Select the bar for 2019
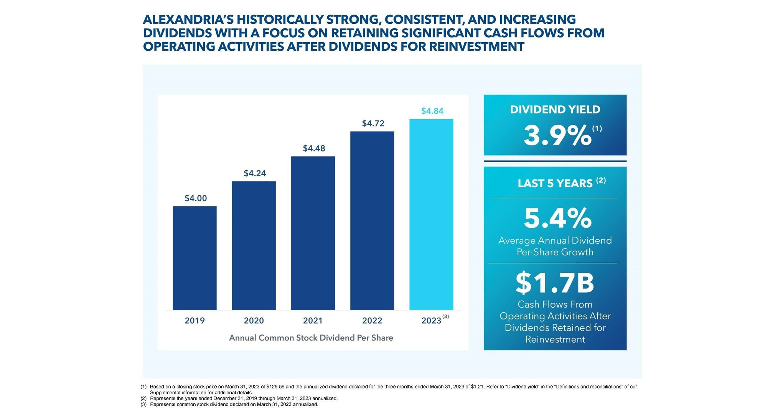click(x=195, y=258)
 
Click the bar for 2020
click(x=254, y=245)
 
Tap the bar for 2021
click(x=313, y=233)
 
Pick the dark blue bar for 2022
click(x=372, y=221)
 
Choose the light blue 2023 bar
click(x=431, y=214)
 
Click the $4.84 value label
click(x=432, y=111)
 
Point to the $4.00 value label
click(x=196, y=198)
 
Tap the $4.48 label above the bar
click(x=314, y=148)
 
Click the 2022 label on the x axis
click(x=372, y=321)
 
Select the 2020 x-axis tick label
click(x=254, y=321)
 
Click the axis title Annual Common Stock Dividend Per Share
click(x=311, y=338)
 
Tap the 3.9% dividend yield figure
click(x=557, y=135)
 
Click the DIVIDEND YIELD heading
click(x=555, y=110)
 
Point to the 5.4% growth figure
click(x=557, y=218)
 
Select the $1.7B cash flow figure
click(x=555, y=283)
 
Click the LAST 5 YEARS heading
click(x=555, y=183)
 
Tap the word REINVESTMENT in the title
click(x=476, y=46)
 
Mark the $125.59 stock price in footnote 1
click(x=275, y=387)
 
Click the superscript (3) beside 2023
click(x=445, y=316)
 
